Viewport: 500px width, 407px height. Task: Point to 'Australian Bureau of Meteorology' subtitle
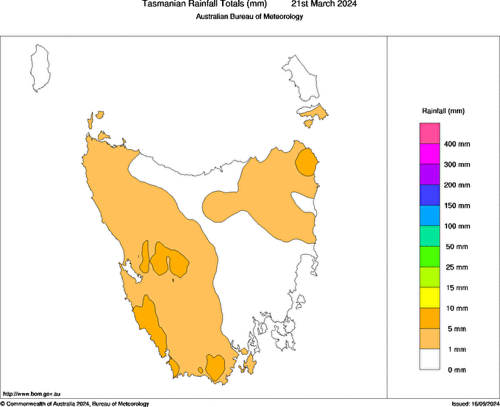click(x=249, y=16)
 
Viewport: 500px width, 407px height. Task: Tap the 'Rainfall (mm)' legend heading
click(x=443, y=111)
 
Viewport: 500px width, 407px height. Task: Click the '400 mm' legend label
click(x=457, y=144)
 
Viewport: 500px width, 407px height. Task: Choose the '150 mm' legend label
click(x=457, y=206)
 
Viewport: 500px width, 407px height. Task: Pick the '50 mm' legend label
click(x=457, y=247)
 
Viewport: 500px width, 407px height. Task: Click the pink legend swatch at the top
click(x=430, y=134)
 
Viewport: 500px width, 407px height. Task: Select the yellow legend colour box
click(x=430, y=298)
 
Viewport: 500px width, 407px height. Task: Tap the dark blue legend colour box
click(x=430, y=195)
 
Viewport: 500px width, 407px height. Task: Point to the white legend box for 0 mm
click(x=430, y=359)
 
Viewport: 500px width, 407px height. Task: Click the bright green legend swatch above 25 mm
click(x=430, y=256)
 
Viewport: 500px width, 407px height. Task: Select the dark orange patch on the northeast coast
click(x=306, y=162)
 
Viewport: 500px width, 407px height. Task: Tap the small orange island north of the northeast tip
click(x=314, y=113)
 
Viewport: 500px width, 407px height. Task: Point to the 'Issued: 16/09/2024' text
click(x=474, y=403)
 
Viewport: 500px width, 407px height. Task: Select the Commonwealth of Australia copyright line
click(x=74, y=403)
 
